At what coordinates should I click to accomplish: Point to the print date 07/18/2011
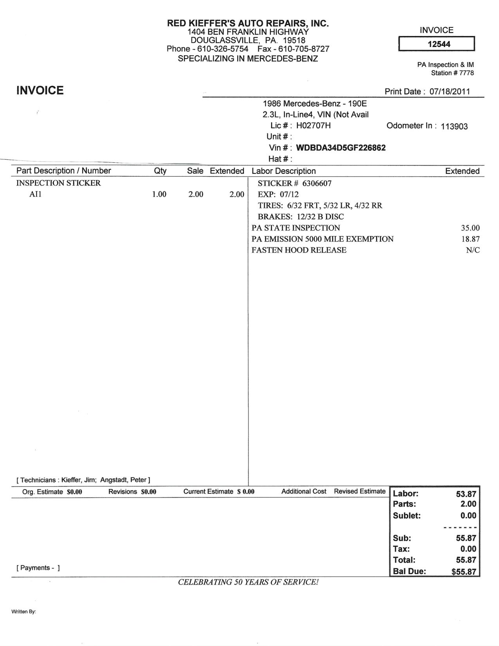click(x=449, y=92)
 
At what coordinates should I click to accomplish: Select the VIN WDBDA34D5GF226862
click(x=340, y=148)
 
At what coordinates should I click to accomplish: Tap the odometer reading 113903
click(x=454, y=126)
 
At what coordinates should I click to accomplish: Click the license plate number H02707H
click(x=313, y=125)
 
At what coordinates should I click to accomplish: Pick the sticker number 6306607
click(x=317, y=183)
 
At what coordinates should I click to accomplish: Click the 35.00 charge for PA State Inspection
click(x=470, y=228)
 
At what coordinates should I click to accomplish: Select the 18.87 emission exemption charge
click(x=470, y=239)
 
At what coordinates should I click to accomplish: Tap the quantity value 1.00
click(x=159, y=194)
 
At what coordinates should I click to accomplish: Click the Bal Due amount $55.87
click(x=463, y=572)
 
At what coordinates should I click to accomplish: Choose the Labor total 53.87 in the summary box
click(x=466, y=494)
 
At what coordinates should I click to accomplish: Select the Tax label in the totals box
click(x=401, y=549)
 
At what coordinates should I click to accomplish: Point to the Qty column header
click(x=160, y=171)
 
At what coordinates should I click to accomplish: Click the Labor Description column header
click(x=283, y=171)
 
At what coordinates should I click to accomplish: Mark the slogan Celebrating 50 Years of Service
click(x=248, y=582)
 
